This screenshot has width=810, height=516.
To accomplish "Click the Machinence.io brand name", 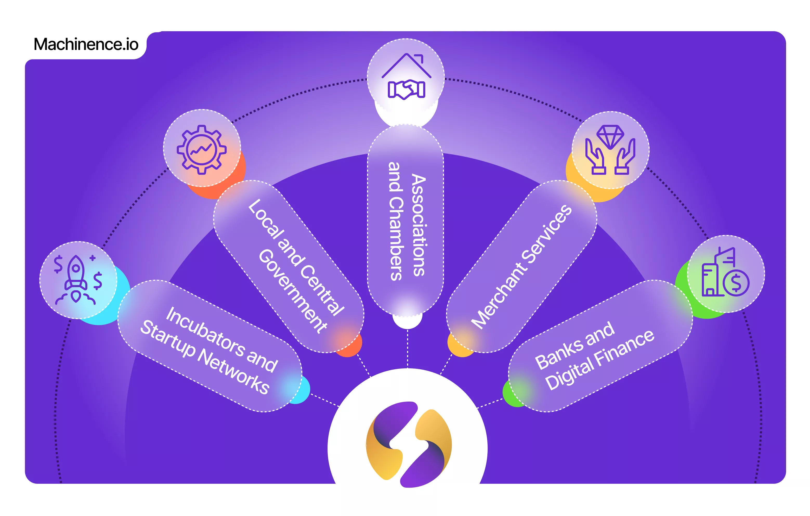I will (x=86, y=44).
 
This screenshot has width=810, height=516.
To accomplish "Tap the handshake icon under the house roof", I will (x=406, y=89).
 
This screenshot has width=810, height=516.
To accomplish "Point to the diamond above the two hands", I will (x=610, y=136).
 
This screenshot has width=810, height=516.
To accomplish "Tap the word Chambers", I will (x=396, y=239).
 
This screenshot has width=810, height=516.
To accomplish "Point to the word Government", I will (x=293, y=291).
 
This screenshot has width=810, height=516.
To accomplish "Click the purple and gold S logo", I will (x=408, y=444).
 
